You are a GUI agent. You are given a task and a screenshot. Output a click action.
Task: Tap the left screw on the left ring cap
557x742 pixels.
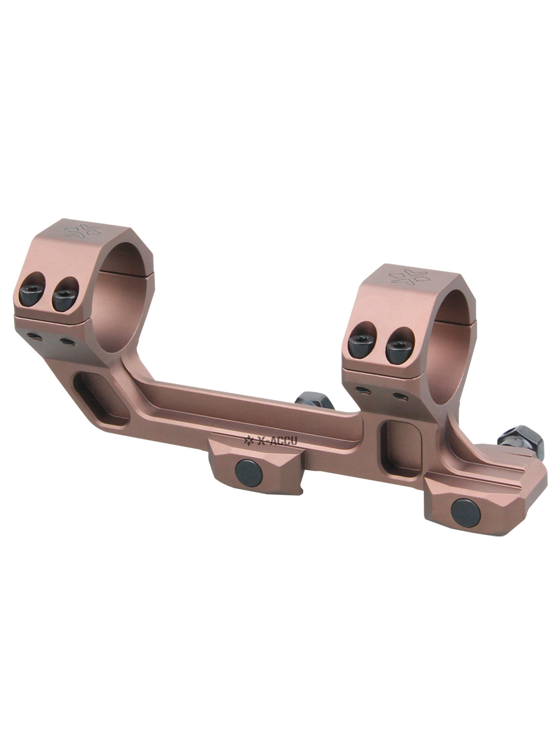(31, 294)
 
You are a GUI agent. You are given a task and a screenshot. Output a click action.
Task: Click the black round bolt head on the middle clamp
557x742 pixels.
(248, 471)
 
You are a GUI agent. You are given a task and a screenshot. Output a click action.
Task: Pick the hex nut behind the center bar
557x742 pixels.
(314, 401)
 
